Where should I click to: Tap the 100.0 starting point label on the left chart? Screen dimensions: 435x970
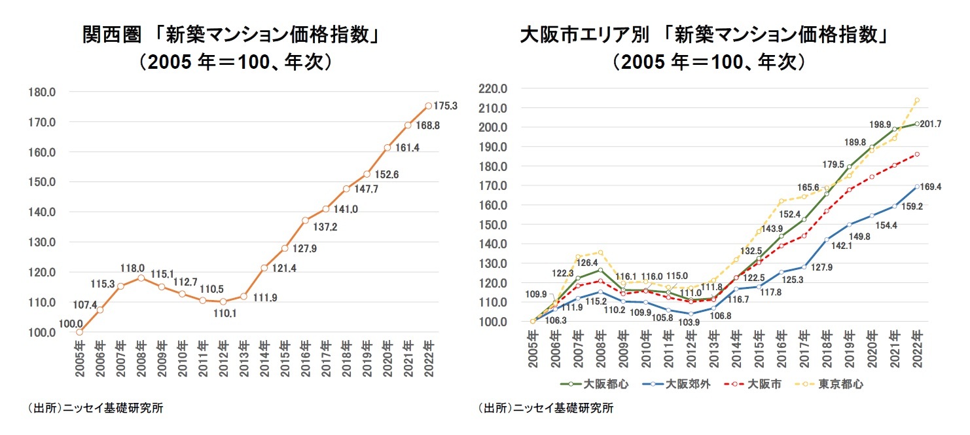pos(70,324)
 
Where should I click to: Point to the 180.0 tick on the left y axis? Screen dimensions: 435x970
pos(41,92)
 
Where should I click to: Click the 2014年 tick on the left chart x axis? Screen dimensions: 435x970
pos(264,358)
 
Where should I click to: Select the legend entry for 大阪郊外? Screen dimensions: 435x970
pos(675,385)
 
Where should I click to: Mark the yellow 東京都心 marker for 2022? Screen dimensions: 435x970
pos(917,100)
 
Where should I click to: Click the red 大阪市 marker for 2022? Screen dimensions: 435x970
pos(917,154)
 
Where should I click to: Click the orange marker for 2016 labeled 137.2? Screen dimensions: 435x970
pos(305,220)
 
